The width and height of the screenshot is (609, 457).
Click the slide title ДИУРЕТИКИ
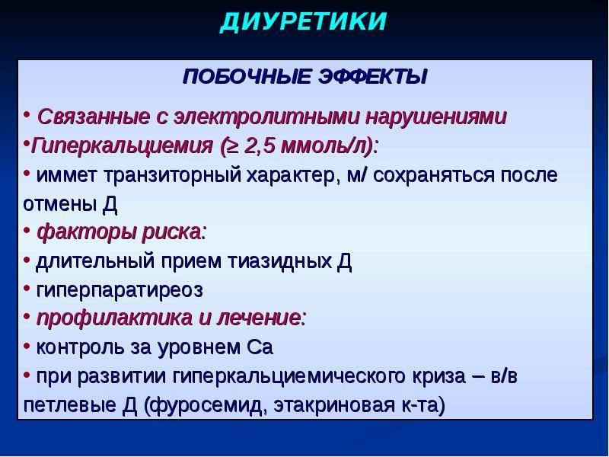304,22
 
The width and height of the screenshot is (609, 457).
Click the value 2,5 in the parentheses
263,145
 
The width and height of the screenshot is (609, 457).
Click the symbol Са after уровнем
260,347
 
